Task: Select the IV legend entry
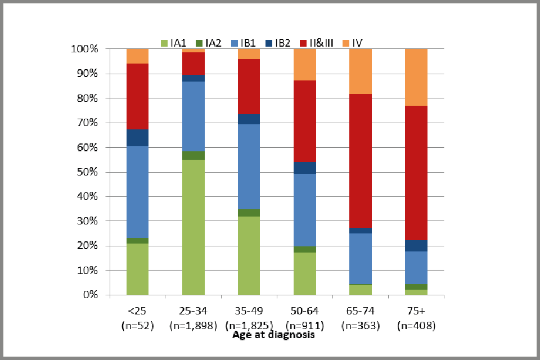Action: [353, 43]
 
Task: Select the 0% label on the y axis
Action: [106, 295]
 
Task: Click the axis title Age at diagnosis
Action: [273, 335]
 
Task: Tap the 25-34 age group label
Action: [193, 311]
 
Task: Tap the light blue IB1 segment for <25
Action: [137, 192]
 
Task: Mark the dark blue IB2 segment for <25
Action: [137, 137]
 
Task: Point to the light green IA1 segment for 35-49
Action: [249, 255]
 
